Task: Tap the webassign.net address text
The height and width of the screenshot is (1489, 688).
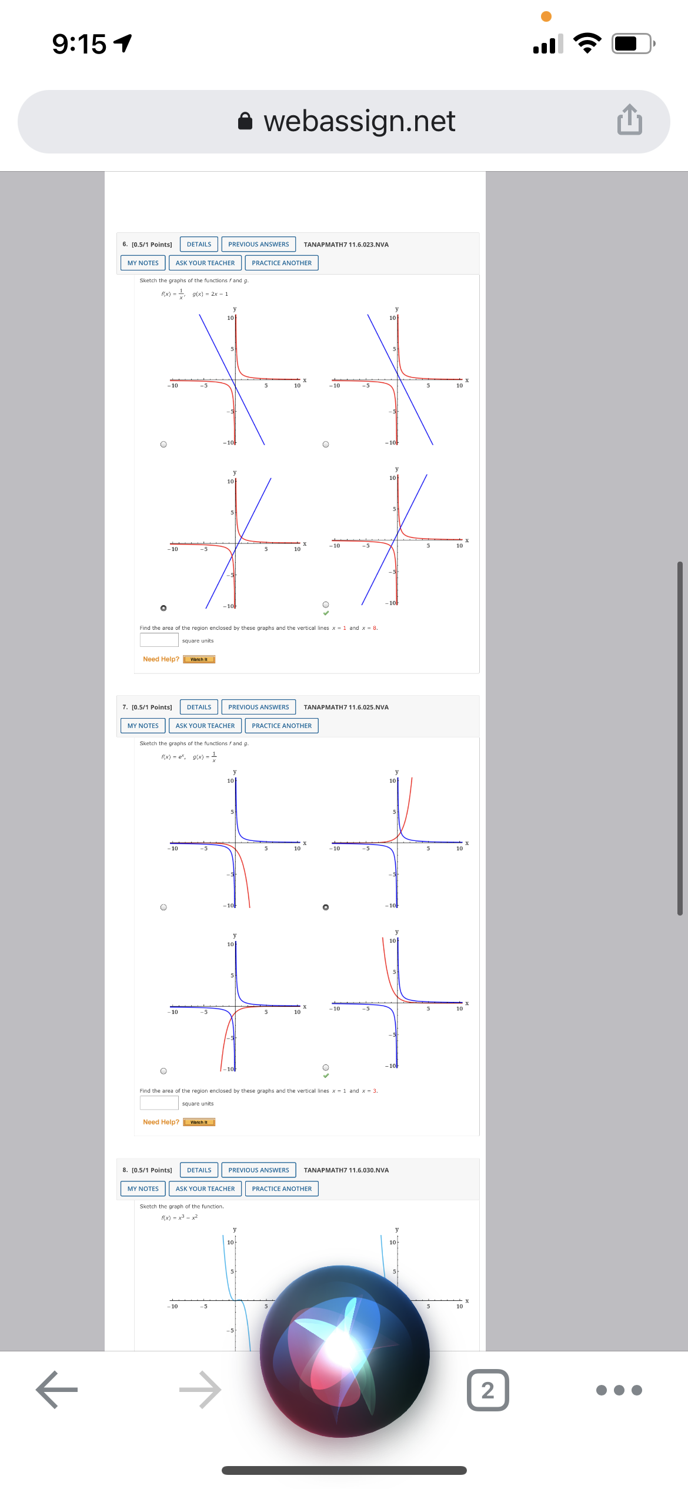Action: tap(359, 122)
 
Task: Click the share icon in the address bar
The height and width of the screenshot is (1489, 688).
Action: tap(629, 120)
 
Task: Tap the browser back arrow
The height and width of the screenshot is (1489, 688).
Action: tap(56, 1390)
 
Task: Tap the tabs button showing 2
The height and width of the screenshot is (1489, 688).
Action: tap(487, 1390)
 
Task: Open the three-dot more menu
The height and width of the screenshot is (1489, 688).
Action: tap(619, 1390)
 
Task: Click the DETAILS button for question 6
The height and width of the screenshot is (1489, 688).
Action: tap(199, 245)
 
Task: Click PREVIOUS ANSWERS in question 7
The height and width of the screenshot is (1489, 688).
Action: tap(258, 707)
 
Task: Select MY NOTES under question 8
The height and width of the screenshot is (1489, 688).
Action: tap(143, 1188)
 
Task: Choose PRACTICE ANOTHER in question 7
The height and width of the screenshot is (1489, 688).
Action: tap(282, 726)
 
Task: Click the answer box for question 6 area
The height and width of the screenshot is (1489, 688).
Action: tap(159, 640)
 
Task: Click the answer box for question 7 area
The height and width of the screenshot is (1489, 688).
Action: tap(159, 1103)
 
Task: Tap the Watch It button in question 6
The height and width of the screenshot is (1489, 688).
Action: tap(199, 659)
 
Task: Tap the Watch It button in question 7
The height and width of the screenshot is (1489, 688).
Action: tap(199, 1122)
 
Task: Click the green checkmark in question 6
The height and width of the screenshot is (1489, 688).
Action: tap(326, 613)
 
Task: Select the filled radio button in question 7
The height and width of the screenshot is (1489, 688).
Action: tap(326, 907)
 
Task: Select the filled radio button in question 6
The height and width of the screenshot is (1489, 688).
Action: tap(163, 607)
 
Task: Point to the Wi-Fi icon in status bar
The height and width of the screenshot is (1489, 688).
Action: tap(587, 43)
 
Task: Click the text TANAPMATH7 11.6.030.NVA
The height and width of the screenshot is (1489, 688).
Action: tap(346, 1170)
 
